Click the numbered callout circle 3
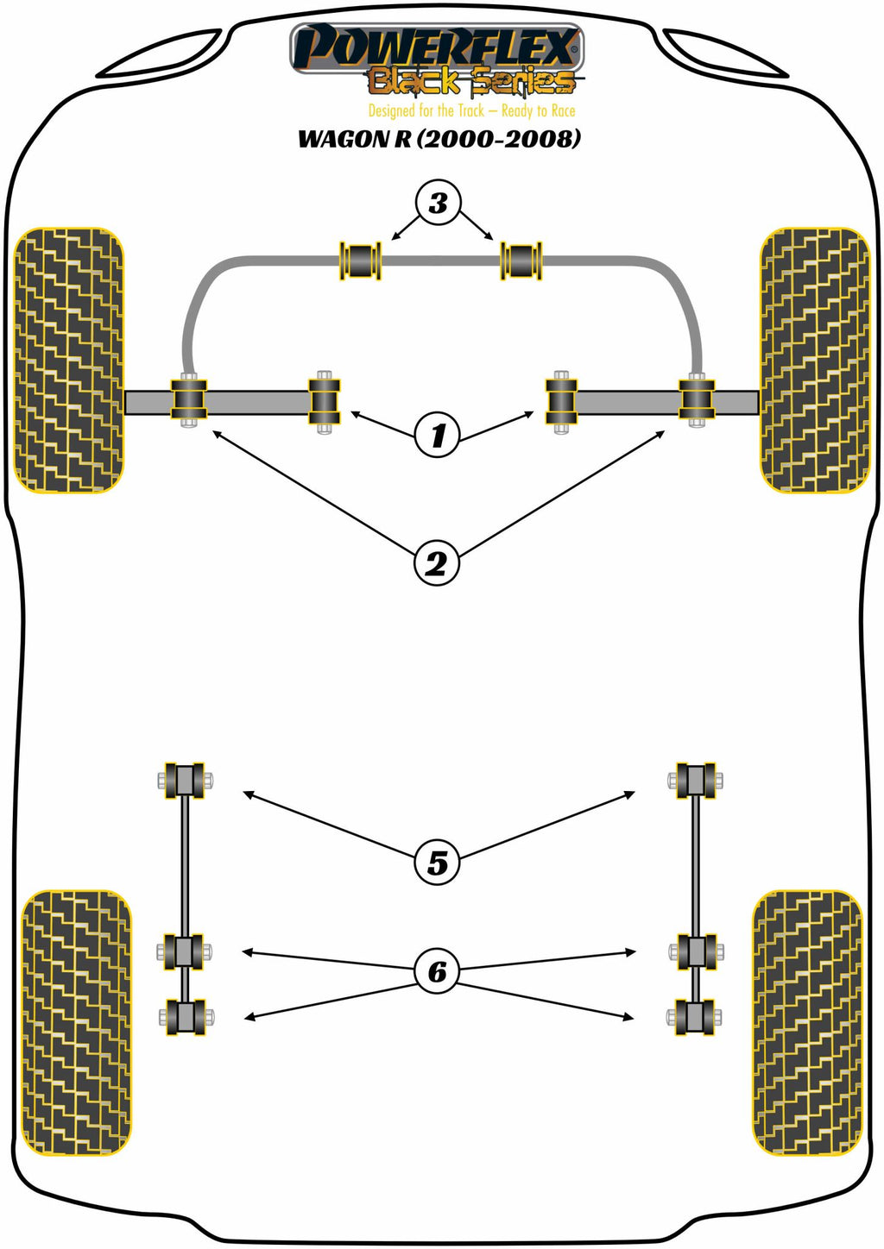point(438,203)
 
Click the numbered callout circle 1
point(437,435)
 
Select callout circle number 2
point(436,564)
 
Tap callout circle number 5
point(437,862)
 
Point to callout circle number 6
point(437,971)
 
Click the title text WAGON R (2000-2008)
point(439,138)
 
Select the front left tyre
point(69,361)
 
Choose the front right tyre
point(814,361)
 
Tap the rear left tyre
point(76,1022)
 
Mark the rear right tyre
point(808,1022)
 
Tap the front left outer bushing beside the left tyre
point(189,399)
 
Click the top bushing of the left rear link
point(185,781)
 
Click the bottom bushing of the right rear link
point(696,1017)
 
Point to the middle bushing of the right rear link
point(696,951)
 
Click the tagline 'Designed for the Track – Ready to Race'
point(471,110)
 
